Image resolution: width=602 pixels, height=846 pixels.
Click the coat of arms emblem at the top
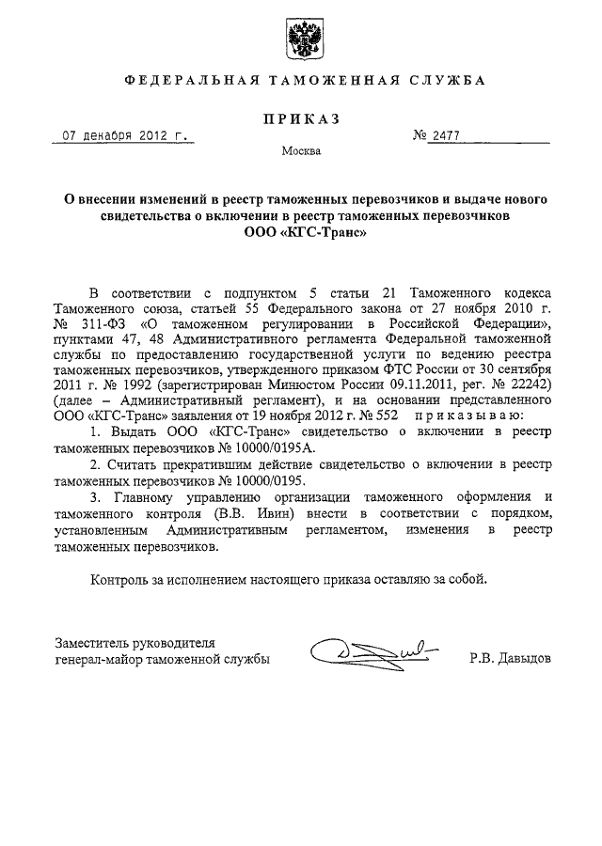(302, 37)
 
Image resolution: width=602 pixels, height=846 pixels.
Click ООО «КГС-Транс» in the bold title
(301, 230)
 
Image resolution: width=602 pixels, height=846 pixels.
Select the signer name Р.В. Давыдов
(512, 660)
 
